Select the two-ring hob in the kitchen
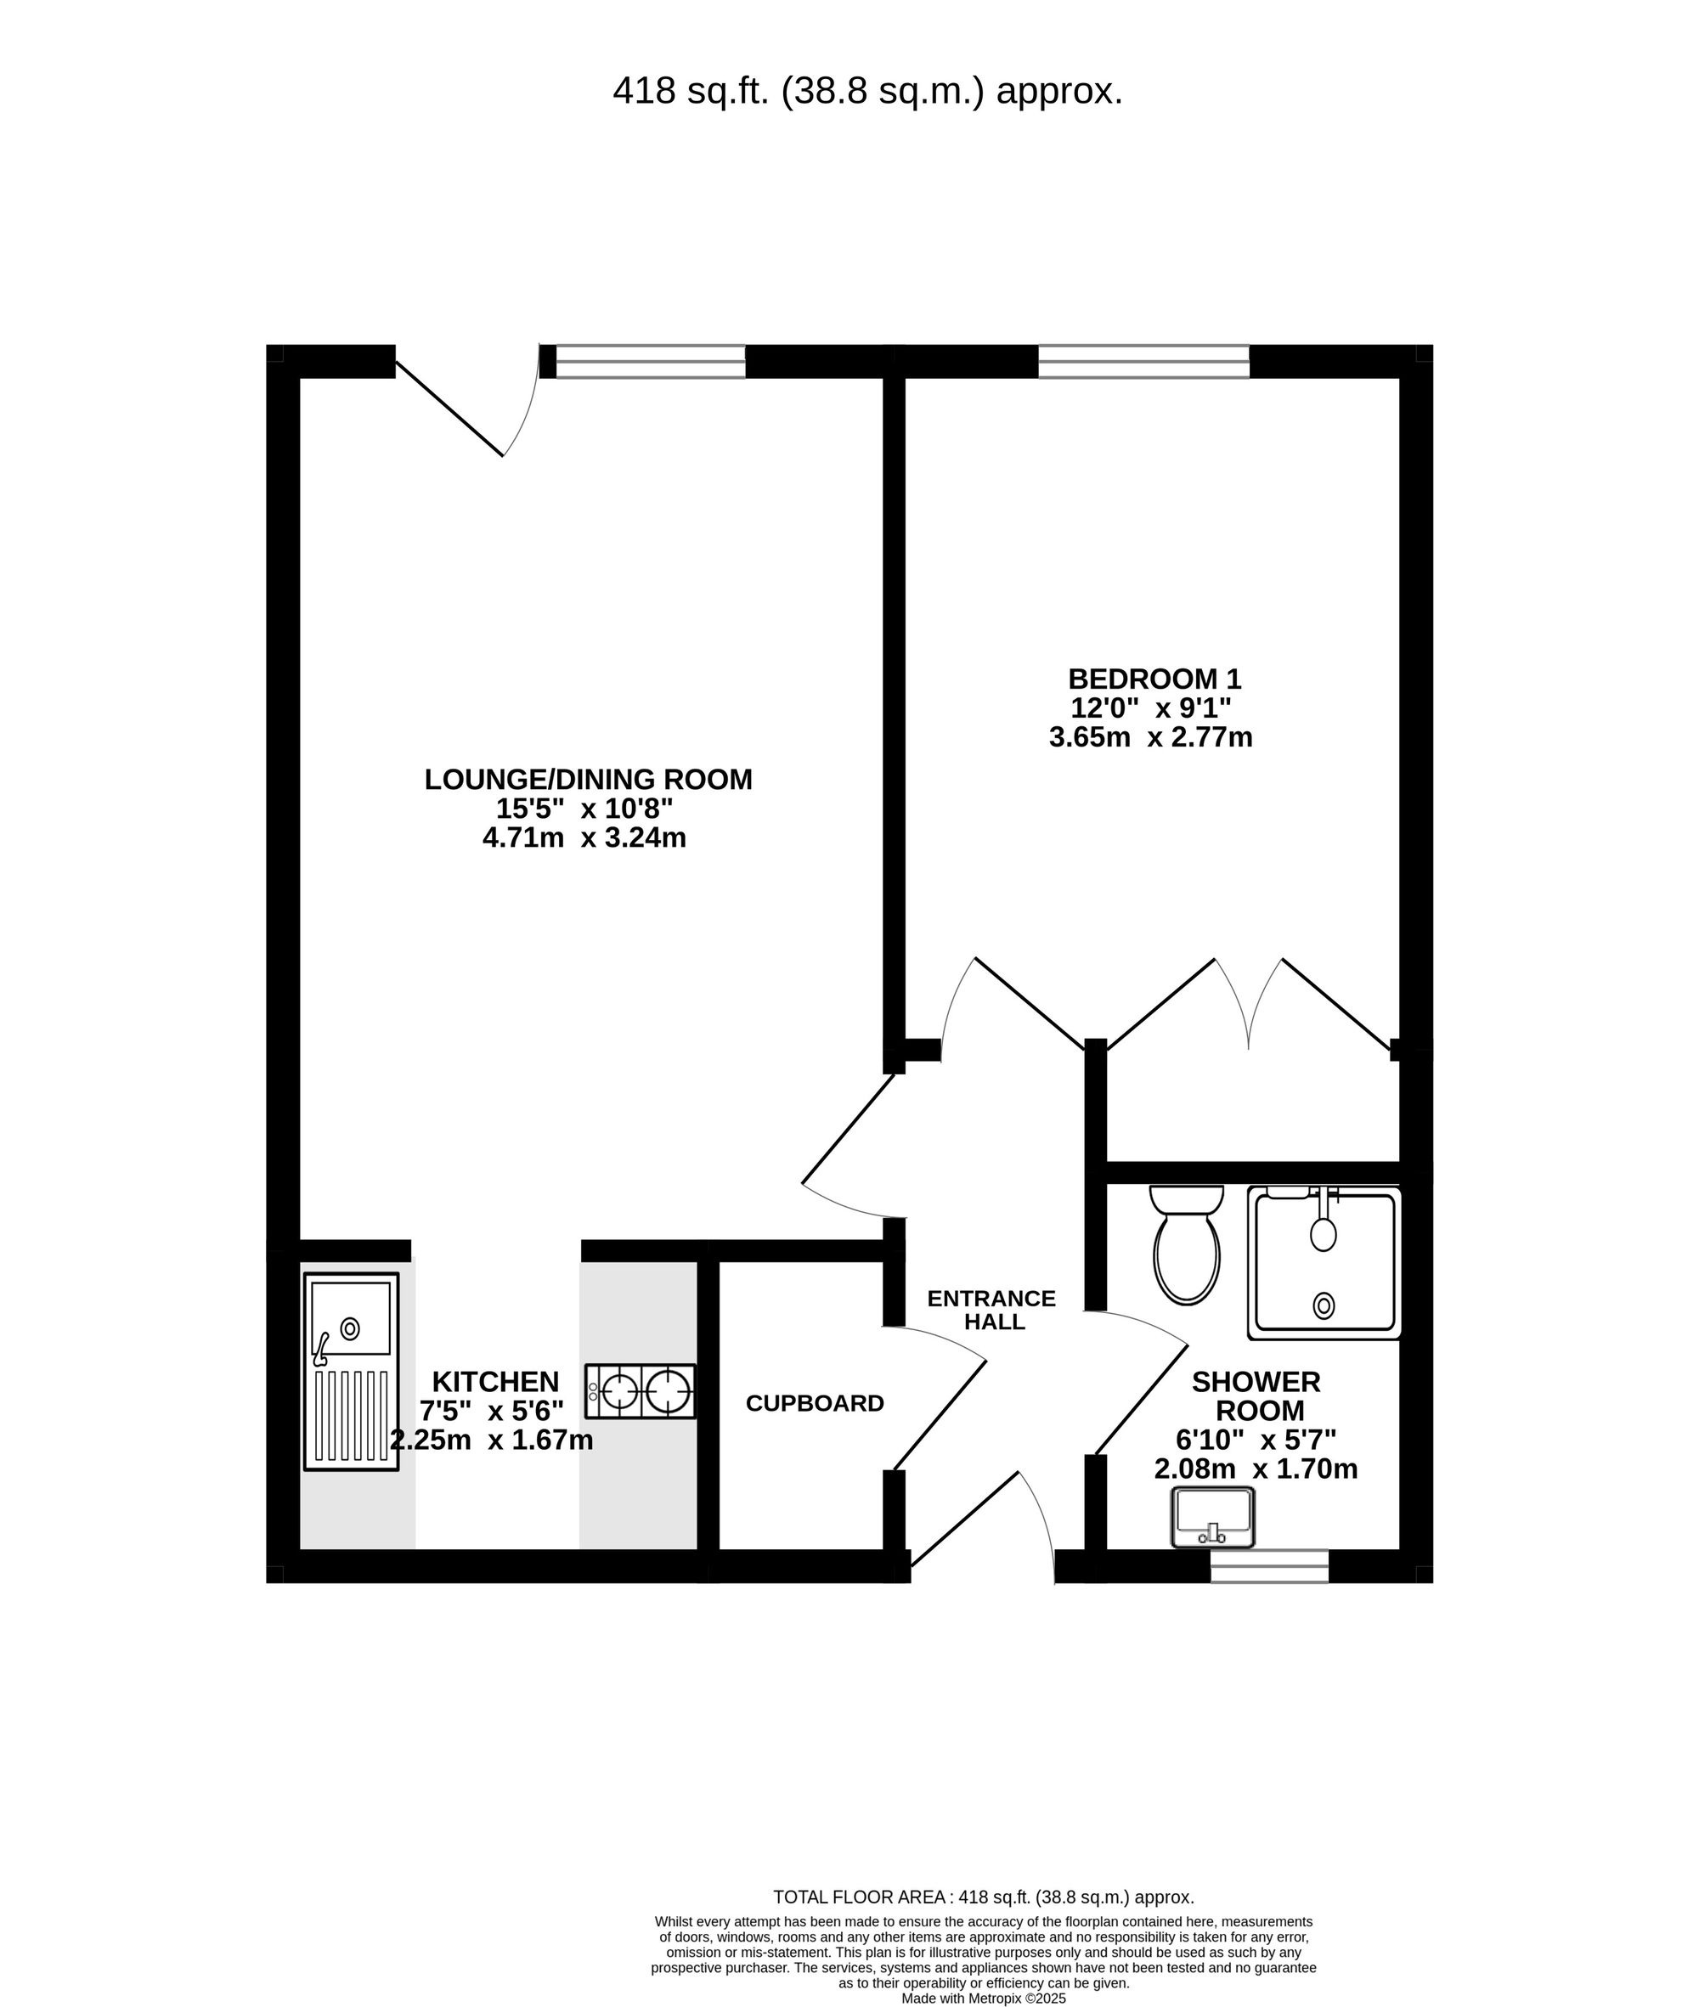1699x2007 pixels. point(641,1391)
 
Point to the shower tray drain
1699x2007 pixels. point(1324,1306)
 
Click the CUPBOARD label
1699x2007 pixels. point(815,1404)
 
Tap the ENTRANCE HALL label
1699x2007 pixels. point(992,1311)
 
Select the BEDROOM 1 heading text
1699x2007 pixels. point(1154,679)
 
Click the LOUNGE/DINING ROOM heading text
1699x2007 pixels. point(589,779)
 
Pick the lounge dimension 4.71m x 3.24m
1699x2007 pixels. point(584,837)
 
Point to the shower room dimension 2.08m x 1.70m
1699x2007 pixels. point(1256,1469)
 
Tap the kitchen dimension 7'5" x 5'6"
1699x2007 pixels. point(491,1411)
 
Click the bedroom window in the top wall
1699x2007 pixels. point(1143,361)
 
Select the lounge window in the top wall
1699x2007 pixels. point(650,361)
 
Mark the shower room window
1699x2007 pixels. point(1269,1567)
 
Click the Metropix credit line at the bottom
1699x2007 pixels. point(984,1999)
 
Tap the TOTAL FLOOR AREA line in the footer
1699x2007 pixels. point(984,1898)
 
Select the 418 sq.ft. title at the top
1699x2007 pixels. point(868,92)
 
